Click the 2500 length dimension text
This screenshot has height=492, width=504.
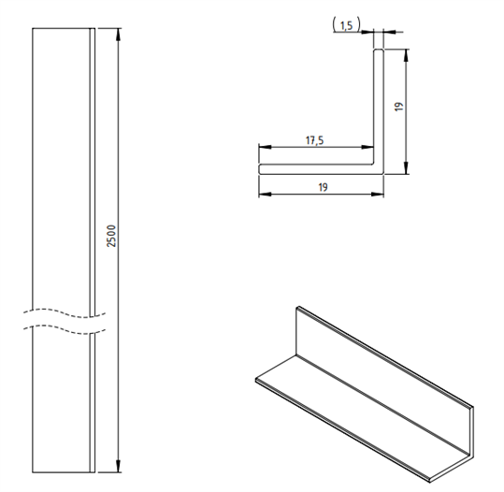tap(111, 236)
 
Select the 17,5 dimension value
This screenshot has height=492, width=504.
tap(314, 140)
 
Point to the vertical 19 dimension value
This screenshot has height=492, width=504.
tap(399, 107)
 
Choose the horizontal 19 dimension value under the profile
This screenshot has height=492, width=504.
tap(323, 187)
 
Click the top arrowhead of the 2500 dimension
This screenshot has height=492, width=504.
tap(118, 35)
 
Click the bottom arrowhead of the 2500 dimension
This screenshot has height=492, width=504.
tap(118, 466)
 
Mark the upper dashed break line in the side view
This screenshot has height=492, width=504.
tap(65, 313)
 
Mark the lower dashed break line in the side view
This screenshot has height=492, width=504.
tap(65, 329)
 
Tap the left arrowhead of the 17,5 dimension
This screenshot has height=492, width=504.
tap(265, 147)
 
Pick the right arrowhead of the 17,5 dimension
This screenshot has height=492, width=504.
tap(367, 147)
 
